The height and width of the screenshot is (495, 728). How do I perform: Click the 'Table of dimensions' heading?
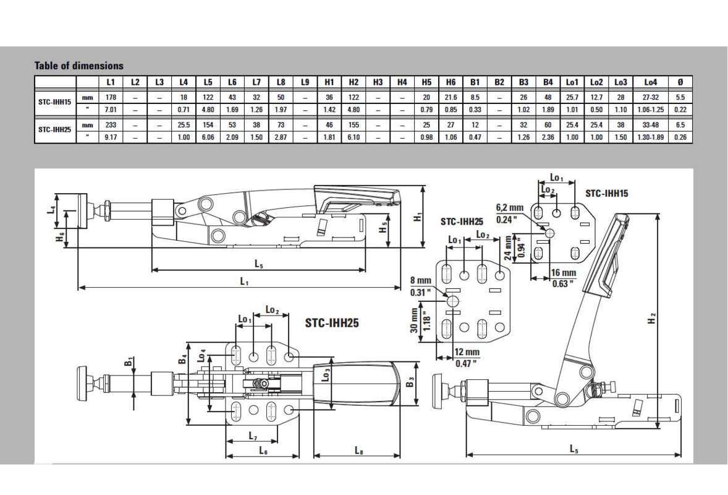[x=79, y=66]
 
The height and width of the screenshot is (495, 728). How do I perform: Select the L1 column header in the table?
[x=111, y=82]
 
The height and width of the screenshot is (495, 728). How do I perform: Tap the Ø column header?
[x=680, y=82]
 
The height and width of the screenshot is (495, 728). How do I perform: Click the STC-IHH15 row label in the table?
[x=55, y=102]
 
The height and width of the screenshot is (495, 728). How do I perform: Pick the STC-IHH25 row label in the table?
[x=55, y=129]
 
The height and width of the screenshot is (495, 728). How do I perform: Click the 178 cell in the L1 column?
[x=111, y=97]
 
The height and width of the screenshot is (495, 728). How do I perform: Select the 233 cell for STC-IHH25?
[x=111, y=124]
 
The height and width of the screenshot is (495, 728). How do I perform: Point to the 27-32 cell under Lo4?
[x=651, y=97]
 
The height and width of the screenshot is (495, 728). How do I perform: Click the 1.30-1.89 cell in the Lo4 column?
[x=651, y=137]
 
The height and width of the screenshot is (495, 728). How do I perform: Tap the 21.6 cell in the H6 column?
[x=451, y=97]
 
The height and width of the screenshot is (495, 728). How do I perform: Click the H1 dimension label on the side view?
[x=418, y=217]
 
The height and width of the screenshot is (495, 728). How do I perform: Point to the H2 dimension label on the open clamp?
[x=653, y=319]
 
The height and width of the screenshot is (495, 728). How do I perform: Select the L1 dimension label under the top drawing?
[x=244, y=281]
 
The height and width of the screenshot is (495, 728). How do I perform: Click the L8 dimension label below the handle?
[x=359, y=450]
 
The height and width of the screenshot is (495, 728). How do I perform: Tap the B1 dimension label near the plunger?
[x=130, y=361]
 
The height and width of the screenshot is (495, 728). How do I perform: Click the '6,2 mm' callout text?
[x=509, y=208]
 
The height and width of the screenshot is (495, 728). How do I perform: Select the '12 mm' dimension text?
[x=467, y=352]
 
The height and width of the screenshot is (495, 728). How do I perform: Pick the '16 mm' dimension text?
[x=563, y=273]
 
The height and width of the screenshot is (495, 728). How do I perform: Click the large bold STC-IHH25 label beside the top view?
[x=332, y=322]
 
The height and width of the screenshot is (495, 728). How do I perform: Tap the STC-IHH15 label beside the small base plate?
[x=606, y=193]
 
